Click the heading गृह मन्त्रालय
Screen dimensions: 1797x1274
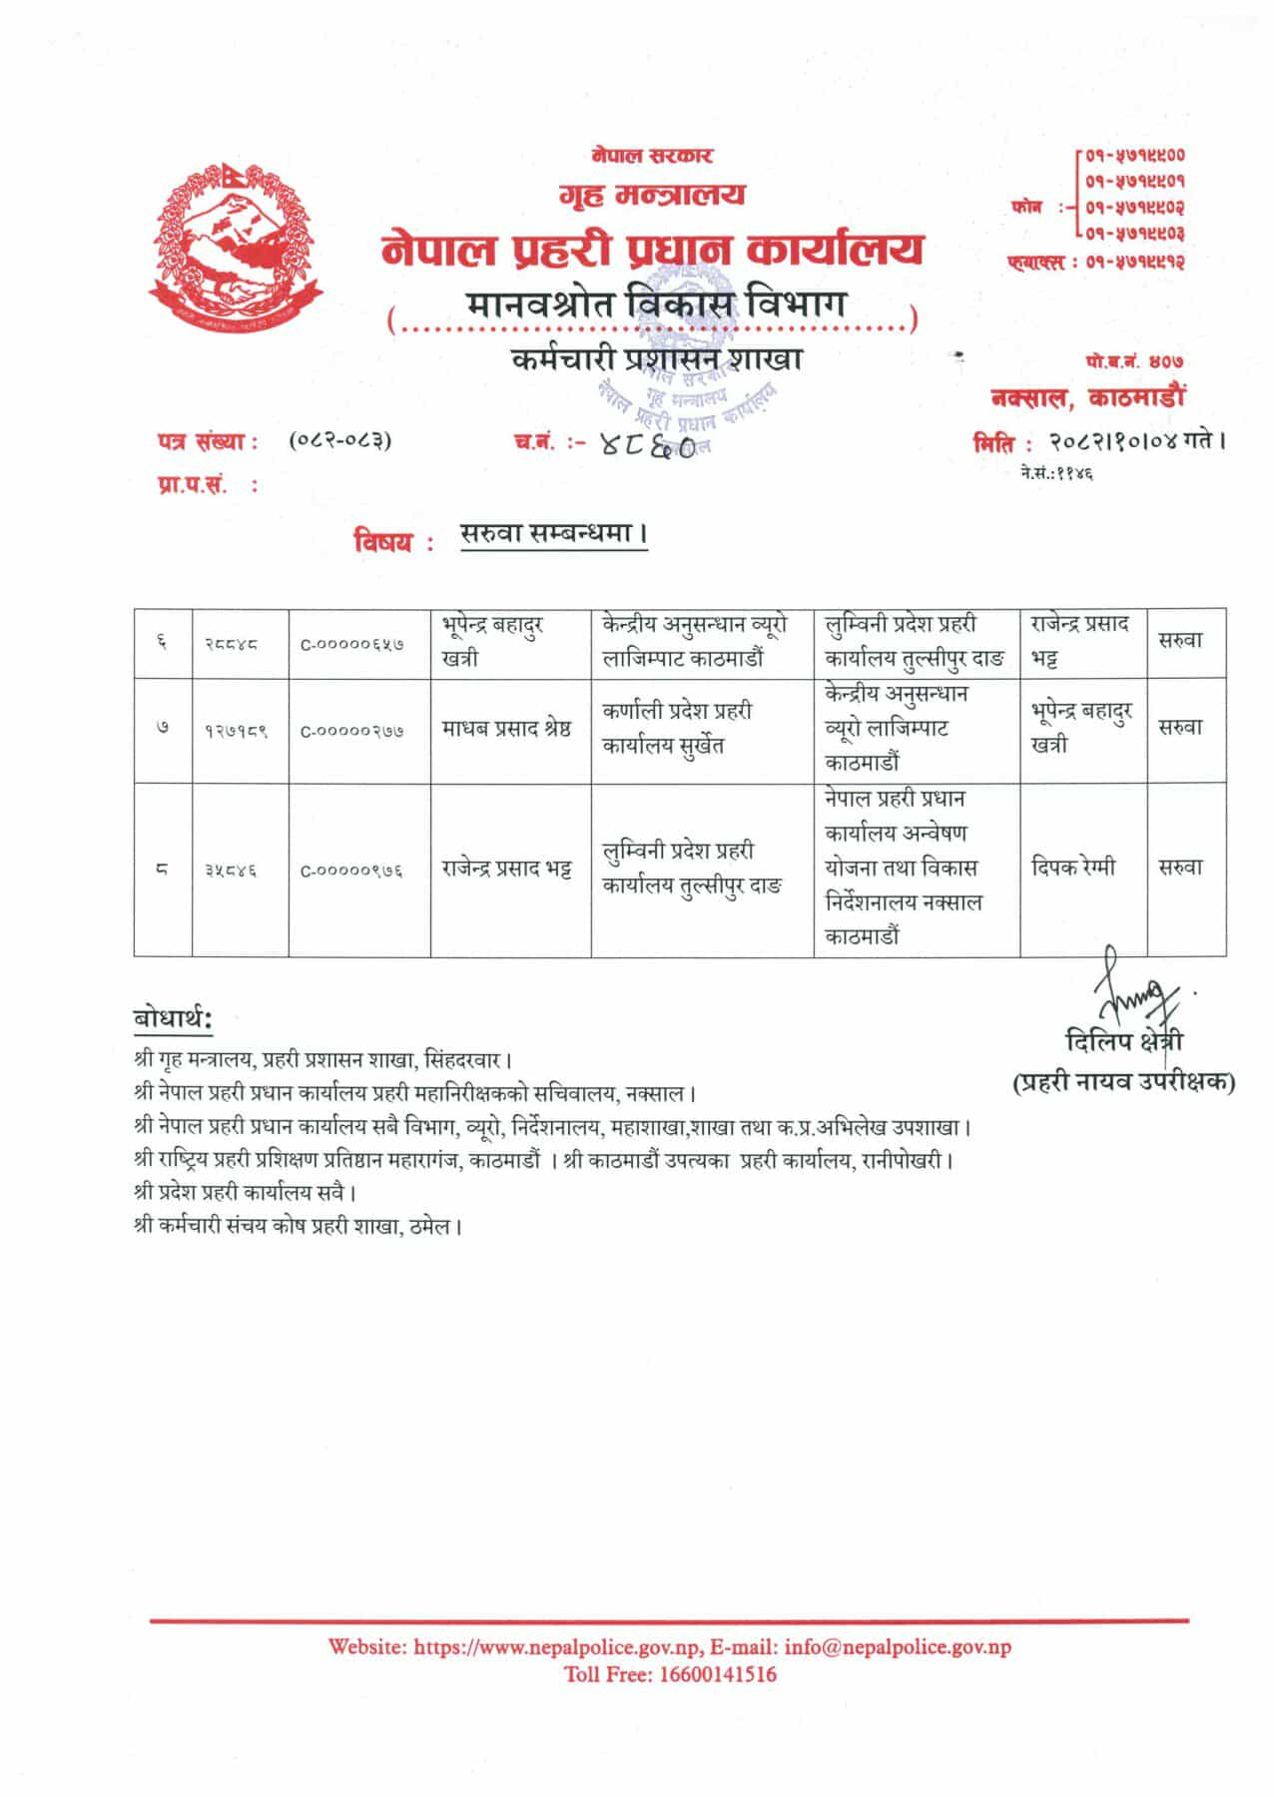pos(651,194)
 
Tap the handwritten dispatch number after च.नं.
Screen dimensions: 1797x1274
pos(648,451)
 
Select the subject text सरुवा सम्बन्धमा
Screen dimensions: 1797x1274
pos(552,535)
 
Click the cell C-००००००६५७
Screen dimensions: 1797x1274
pos(352,645)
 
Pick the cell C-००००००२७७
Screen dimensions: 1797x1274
pos(352,731)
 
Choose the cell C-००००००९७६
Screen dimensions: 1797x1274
pos(352,871)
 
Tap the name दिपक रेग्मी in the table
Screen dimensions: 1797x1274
pos(1073,868)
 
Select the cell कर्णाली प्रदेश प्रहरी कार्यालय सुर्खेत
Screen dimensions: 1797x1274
pos(678,729)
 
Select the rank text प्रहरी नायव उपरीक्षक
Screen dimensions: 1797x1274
pos(1124,1081)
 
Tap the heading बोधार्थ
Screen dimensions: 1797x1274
pos(172,1018)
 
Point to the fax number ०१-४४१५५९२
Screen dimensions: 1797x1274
pos(1135,263)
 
